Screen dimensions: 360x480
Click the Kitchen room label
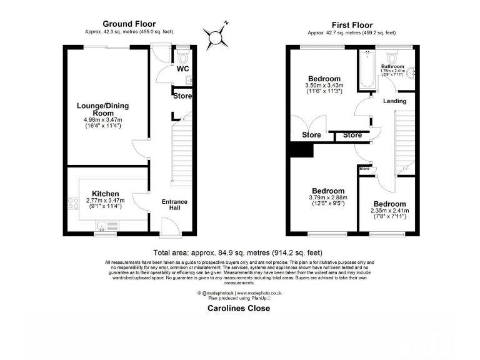105,194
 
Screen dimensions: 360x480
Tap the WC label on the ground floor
183,69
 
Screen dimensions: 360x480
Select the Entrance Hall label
174,205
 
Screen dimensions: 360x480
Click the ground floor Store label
182,96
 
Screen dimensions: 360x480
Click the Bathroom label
392,66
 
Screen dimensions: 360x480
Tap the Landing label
394,101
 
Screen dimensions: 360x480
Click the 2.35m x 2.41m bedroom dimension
390,211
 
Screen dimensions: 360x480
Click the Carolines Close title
239,308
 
